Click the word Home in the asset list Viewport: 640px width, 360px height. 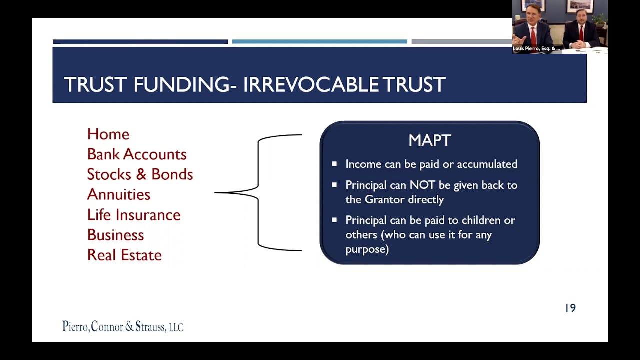click(x=108, y=134)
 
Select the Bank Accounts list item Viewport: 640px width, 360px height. click(x=136, y=154)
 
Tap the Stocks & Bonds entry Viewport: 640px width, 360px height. click(x=140, y=174)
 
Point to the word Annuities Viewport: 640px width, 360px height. click(x=118, y=194)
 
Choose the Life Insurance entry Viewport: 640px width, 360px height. click(x=133, y=215)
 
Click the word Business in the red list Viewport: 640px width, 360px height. click(x=115, y=235)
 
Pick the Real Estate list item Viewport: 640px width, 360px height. click(x=124, y=255)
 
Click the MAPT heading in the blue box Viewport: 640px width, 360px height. click(x=430, y=141)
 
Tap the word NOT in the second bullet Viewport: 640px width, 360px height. click(x=423, y=185)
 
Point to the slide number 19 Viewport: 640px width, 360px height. click(x=570, y=308)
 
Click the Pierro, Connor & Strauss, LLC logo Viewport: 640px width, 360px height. click(x=123, y=327)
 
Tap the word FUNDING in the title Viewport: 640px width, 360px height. click(x=182, y=85)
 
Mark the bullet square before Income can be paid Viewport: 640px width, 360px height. click(x=334, y=164)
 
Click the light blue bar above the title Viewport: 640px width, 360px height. click(x=319, y=42)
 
